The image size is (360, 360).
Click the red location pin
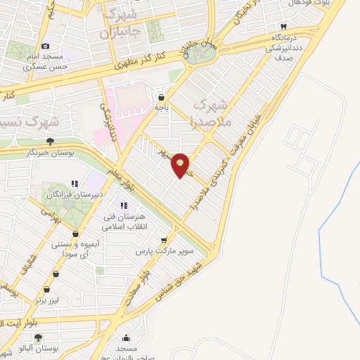[x=181, y=165]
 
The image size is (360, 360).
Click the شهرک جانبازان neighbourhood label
[x=120, y=22]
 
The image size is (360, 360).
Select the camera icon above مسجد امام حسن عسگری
[x=46, y=46]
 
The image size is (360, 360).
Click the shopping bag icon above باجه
[x=162, y=98]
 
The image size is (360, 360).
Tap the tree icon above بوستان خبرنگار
[x=49, y=141]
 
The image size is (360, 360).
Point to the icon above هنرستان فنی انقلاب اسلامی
[x=124, y=205]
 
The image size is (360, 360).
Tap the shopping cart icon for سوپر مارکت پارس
[x=165, y=239]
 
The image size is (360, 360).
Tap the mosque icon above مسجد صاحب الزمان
[x=125, y=337]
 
